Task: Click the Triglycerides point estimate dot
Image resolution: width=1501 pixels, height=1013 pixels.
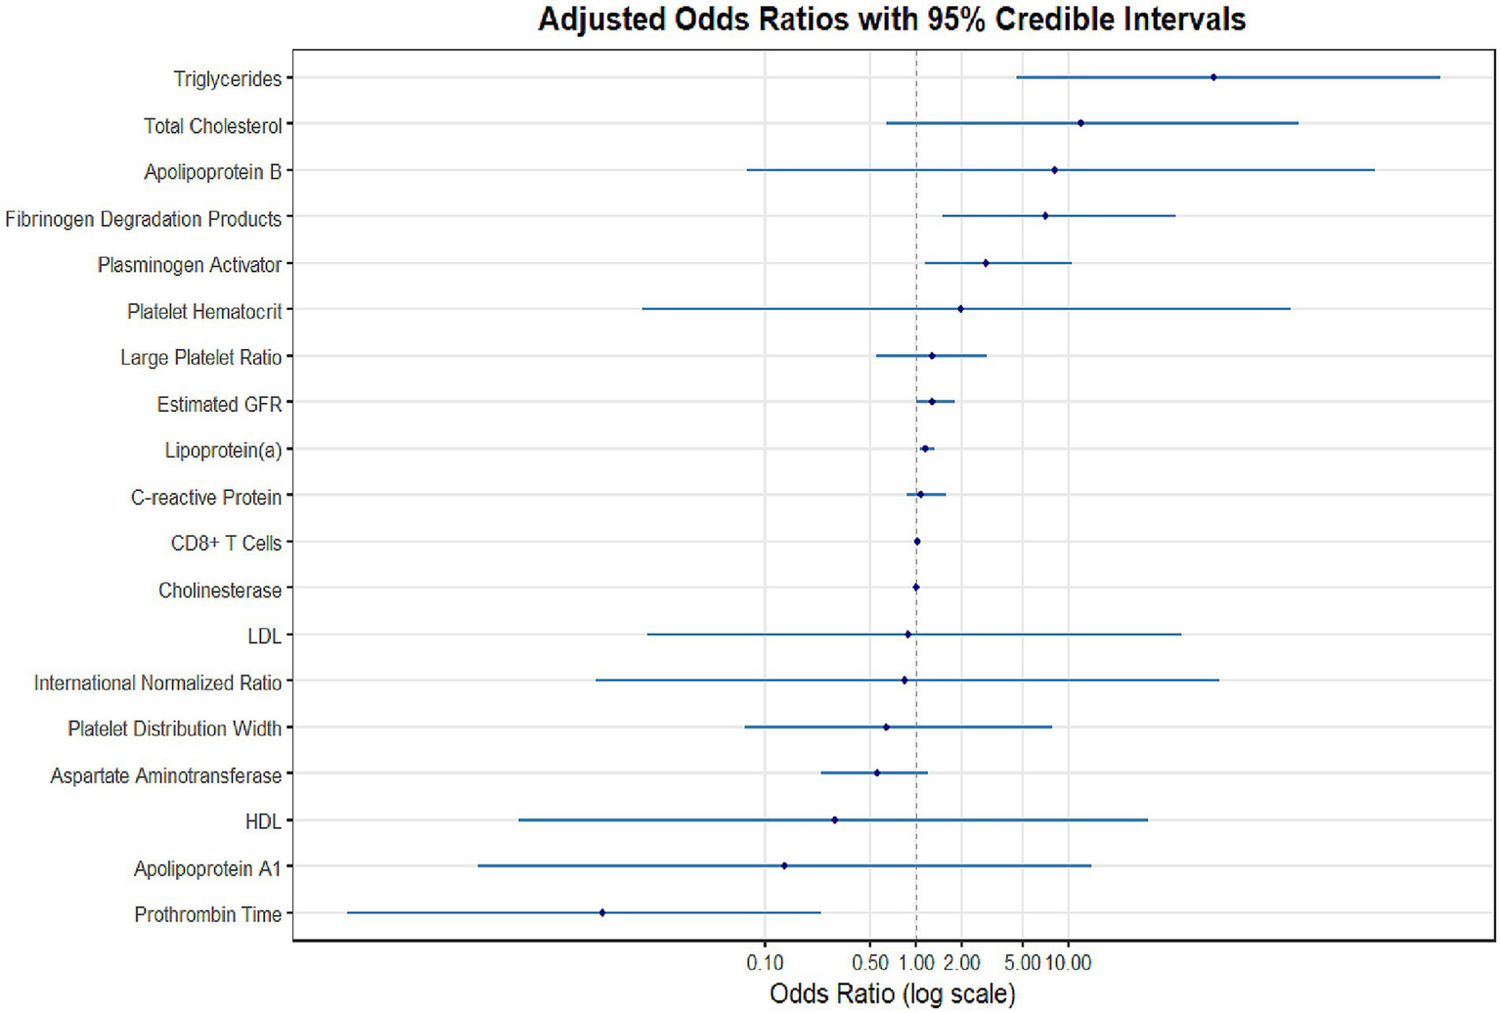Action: click(x=1214, y=77)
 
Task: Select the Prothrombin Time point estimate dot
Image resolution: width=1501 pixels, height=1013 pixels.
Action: click(x=602, y=912)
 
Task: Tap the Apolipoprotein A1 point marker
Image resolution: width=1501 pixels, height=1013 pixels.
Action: click(x=784, y=865)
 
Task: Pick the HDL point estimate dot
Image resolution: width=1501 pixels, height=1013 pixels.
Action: click(x=834, y=819)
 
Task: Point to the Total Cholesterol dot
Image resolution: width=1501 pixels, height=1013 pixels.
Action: click(x=1081, y=123)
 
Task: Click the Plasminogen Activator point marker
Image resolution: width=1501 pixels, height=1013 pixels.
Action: click(x=986, y=263)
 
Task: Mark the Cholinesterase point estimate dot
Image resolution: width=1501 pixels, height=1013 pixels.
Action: click(x=916, y=587)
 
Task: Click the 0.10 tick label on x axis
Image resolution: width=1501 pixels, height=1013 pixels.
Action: click(x=765, y=963)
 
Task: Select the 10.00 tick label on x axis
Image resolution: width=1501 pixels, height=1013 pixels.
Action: click(x=1068, y=963)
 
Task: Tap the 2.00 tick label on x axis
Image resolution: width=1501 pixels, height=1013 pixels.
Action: click(x=961, y=963)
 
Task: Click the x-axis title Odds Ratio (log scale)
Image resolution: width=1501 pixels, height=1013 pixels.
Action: click(x=892, y=993)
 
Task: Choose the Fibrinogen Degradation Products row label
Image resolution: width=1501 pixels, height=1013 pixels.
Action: click(x=143, y=219)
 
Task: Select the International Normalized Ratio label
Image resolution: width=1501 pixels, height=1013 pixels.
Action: click(x=157, y=683)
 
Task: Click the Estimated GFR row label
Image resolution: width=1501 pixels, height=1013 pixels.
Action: click(x=219, y=404)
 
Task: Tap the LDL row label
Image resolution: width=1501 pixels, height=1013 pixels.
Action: click(x=264, y=637)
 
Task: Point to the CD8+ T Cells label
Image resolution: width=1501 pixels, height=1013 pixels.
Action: click(x=226, y=543)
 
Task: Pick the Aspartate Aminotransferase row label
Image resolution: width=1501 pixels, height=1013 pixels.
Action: click(x=165, y=775)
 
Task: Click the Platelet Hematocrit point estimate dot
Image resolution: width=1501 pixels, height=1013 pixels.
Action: click(x=960, y=309)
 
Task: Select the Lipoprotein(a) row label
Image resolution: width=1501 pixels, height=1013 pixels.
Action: click(x=223, y=450)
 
